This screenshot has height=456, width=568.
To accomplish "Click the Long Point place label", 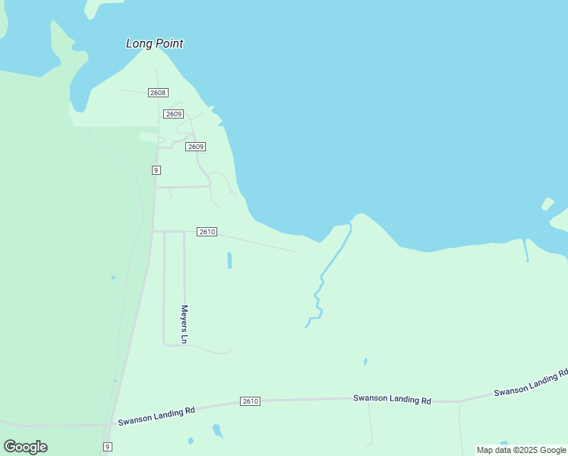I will (154, 43).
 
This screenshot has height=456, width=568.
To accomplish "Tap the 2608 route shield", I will (158, 93).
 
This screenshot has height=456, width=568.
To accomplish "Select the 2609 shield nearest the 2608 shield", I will (174, 114).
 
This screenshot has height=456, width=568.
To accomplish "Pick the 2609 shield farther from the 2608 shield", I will (196, 147).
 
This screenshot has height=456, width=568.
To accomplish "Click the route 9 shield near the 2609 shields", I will (156, 170).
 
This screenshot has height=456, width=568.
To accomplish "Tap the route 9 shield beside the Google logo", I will (108, 446).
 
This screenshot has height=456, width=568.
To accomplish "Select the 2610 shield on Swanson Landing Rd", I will (251, 401).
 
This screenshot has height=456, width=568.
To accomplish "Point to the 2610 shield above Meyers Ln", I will (207, 232).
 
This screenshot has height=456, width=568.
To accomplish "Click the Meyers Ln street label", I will (184, 323).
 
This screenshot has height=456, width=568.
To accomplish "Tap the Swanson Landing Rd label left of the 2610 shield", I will (156, 414).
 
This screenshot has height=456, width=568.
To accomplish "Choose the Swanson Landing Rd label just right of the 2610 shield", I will (392, 399).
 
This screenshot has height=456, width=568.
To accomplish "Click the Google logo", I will (26, 447).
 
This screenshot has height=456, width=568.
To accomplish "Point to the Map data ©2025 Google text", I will (521, 450).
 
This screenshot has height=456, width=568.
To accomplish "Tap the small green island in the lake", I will (547, 204).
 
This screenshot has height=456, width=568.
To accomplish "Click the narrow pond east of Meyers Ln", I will (229, 260).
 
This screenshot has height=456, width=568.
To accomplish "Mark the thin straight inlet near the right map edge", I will (525, 250).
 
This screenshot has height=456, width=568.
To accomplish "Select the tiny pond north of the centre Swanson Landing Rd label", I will (365, 361).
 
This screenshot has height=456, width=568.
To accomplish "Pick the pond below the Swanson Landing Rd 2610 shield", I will (217, 431).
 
